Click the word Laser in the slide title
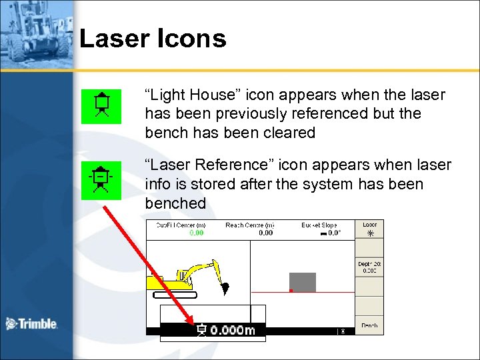[x=112, y=39]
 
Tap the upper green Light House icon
[x=101, y=107]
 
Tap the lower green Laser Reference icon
[x=101, y=180]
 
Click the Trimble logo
[x=31, y=324]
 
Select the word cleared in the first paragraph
[x=289, y=133]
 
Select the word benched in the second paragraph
[x=175, y=203]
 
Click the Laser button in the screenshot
[x=369, y=229]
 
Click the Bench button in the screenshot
[x=369, y=325]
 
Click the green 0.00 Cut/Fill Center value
[x=197, y=233]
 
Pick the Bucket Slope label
[x=319, y=226]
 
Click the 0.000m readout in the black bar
[x=232, y=330]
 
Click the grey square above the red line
[x=302, y=282]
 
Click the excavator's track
[x=175, y=294]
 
